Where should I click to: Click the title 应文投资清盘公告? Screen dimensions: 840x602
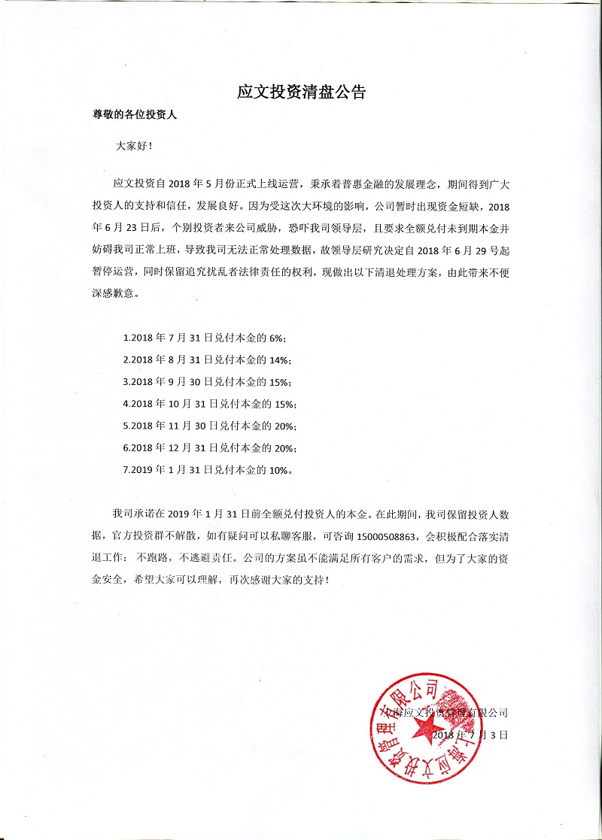tap(301, 93)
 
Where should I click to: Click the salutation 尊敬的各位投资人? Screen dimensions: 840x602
tap(134, 117)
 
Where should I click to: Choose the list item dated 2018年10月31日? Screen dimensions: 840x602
tap(214, 402)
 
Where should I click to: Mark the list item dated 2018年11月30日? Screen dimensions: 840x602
tap(214, 426)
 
